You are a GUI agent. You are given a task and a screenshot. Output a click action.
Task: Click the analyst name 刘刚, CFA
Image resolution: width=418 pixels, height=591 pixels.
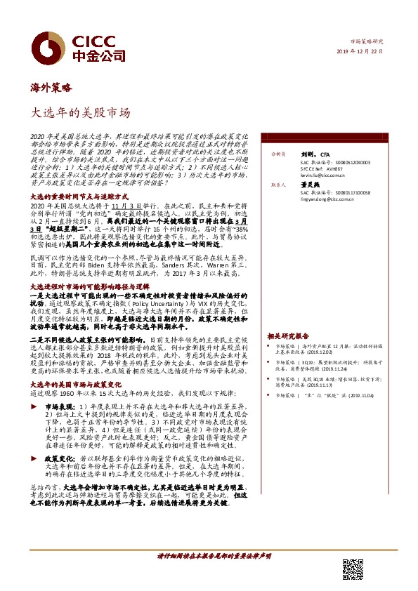310,153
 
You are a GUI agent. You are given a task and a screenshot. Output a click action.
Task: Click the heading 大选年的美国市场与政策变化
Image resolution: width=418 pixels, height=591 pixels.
77,385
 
